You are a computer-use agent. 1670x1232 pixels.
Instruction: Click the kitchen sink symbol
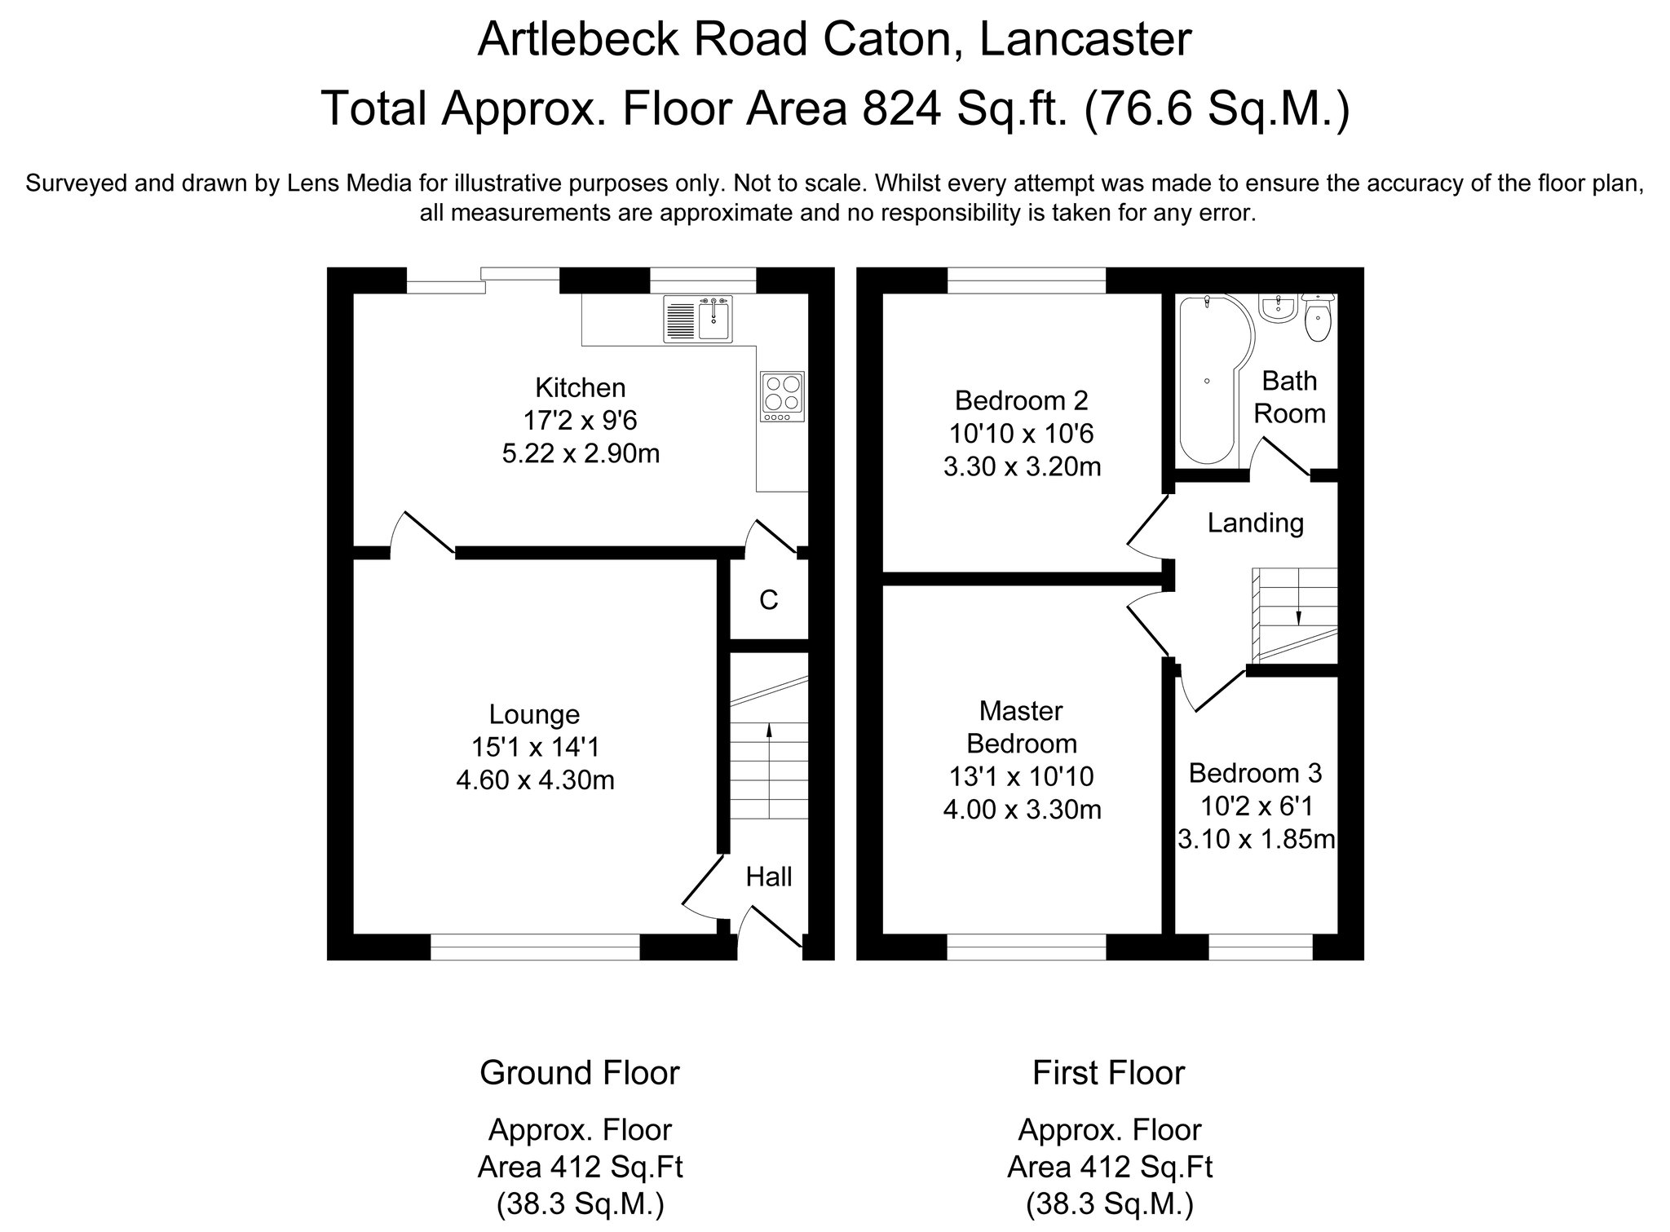tap(699, 319)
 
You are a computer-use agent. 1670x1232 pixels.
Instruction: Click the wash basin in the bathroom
tap(1278, 307)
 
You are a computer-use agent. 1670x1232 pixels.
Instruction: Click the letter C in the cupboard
tap(768, 600)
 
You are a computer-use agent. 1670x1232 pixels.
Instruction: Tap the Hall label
tap(769, 877)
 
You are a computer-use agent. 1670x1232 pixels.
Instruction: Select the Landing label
tap(1256, 523)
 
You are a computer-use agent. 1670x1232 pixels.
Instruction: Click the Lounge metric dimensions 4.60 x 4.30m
tap(535, 781)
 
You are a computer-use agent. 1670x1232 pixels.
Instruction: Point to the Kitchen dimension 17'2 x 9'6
tap(580, 421)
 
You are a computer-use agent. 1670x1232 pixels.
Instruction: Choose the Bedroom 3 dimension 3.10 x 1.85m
tap(1256, 839)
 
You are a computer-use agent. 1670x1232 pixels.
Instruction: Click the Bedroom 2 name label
tap(1022, 400)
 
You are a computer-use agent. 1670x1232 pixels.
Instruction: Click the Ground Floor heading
tap(580, 1073)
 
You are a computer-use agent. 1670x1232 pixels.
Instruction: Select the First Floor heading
tap(1109, 1073)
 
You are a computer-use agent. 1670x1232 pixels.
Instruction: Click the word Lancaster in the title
tap(1085, 39)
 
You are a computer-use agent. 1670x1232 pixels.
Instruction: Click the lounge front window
tap(535, 947)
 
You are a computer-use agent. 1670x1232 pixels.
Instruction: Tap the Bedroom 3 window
tap(1261, 947)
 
